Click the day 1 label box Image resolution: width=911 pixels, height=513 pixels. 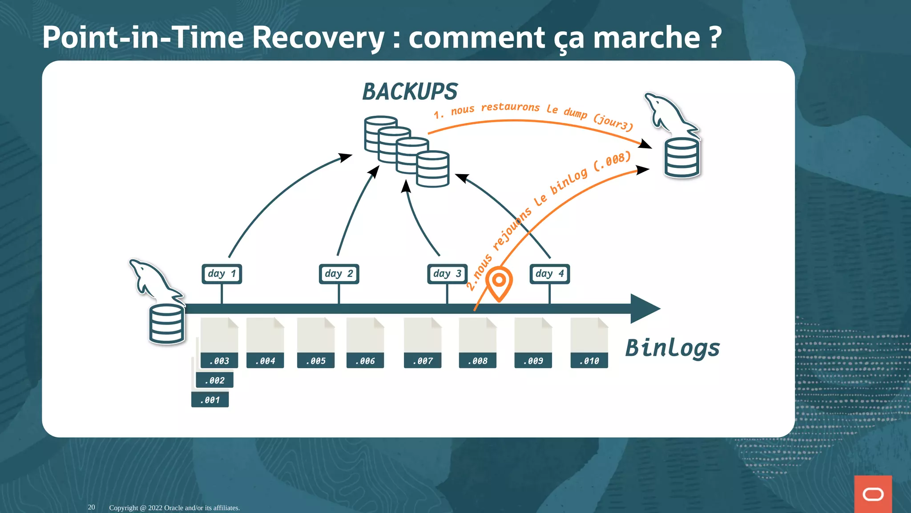coord(222,274)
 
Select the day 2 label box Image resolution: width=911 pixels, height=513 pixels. coord(339,274)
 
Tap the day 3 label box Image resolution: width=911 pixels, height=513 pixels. coord(447,274)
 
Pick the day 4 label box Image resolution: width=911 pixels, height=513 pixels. coord(550,274)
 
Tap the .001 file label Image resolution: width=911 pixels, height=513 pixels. coord(210,400)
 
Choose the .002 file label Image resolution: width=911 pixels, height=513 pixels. coord(215,380)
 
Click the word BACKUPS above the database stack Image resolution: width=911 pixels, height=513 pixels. coord(410,92)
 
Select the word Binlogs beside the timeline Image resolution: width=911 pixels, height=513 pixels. coord(672,348)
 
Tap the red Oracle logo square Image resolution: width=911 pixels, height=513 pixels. coord(873,494)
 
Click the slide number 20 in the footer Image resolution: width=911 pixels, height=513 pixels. coord(91,507)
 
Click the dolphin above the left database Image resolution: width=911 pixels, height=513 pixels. coord(154,281)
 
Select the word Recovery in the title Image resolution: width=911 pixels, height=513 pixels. coord(318,37)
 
